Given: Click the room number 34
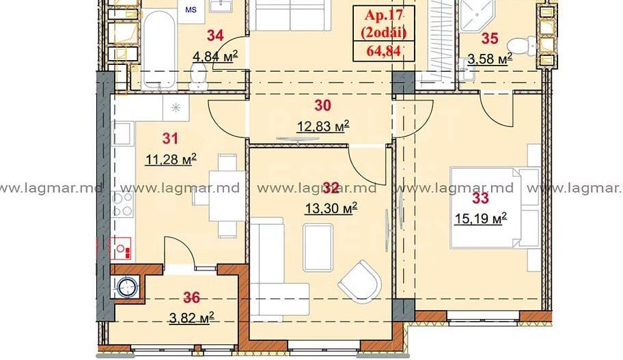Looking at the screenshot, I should [215, 33].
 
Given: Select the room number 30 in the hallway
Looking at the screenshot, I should [322, 105].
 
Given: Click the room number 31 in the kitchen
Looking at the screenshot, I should [170, 139].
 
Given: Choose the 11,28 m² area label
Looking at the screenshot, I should [170, 159].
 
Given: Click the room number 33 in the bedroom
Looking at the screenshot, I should [481, 198].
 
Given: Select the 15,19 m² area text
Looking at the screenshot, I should [481, 219].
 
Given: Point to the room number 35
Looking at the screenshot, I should [490, 39].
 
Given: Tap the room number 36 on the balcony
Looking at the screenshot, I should [192, 297].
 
